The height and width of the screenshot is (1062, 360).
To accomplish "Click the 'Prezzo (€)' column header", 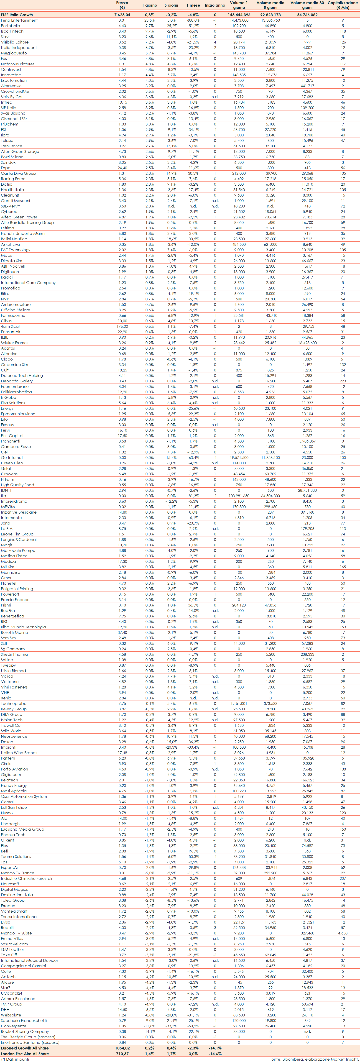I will (122, 5).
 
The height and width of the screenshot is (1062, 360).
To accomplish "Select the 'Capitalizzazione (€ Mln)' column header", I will (343, 5).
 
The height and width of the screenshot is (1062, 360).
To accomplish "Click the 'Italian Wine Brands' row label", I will (19, 753).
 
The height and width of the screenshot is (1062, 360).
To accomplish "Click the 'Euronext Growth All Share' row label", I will (25, 1048).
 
